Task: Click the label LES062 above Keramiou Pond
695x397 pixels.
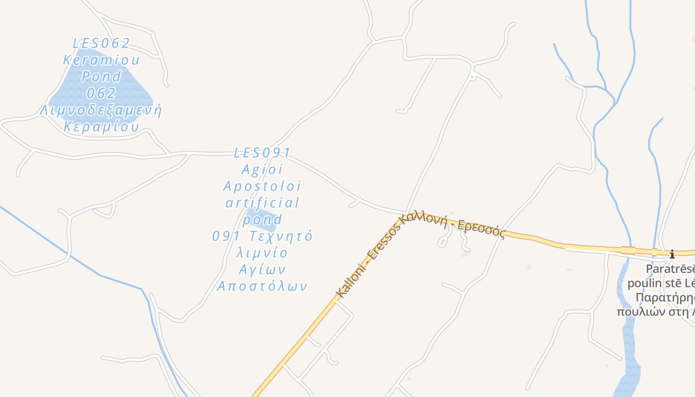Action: pyautogui.click(x=101, y=43)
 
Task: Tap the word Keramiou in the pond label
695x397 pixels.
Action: pyautogui.click(x=101, y=60)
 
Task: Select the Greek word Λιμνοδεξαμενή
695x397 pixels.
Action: pyautogui.click(x=101, y=110)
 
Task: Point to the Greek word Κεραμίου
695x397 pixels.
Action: pyautogui.click(x=101, y=127)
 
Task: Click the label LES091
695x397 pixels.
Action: pyautogui.click(x=262, y=152)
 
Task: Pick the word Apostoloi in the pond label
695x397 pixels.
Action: pyautogui.click(x=262, y=186)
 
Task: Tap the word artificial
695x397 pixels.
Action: pyautogui.click(x=263, y=202)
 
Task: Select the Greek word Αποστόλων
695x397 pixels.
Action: pyautogui.click(x=262, y=286)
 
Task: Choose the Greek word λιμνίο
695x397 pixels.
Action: pyautogui.click(x=262, y=253)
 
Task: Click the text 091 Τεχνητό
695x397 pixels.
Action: pyautogui.click(x=262, y=236)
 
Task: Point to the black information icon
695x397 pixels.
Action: pyautogui.click(x=672, y=255)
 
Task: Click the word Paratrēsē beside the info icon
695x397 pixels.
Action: pyautogui.click(x=670, y=269)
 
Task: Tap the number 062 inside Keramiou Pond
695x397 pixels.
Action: pyautogui.click(x=101, y=93)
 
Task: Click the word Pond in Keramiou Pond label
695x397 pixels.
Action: pyautogui.click(x=101, y=76)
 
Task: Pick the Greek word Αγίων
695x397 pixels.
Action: pyautogui.click(x=262, y=269)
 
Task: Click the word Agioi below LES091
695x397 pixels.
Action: pyautogui.click(x=262, y=169)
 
